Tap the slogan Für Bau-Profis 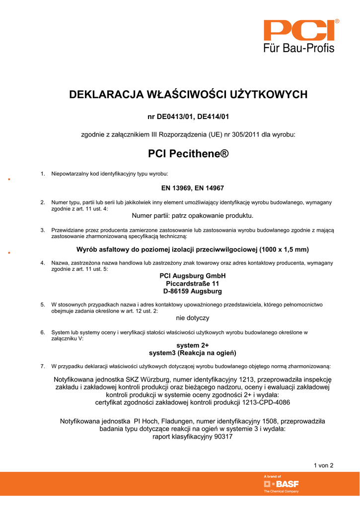click(298, 48)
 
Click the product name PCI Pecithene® click(189, 154)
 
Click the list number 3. click(43, 230)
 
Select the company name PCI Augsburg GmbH click(192, 276)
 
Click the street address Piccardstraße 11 click(192, 283)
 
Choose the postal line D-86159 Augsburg click(192, 291)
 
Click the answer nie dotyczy click(193, 317)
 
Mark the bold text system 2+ click(193, 345)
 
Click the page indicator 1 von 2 click(323, 465)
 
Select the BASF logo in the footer click(281, 484)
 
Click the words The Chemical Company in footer click(281, 491)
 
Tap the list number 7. click(43, 366)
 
